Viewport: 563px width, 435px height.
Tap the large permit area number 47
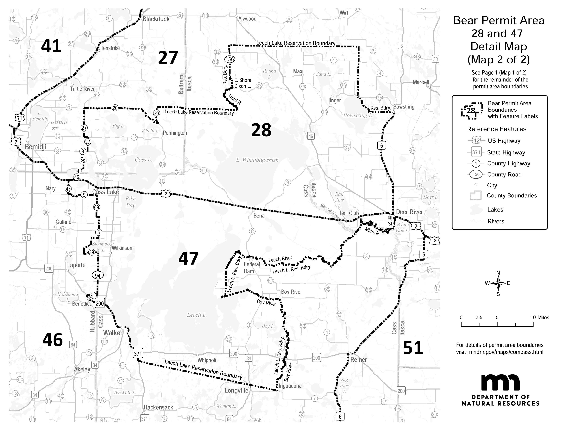click(x=189, y=258)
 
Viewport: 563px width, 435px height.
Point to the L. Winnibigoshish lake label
click(x=257, y=160)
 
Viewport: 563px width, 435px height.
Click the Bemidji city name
click(x=36, y=147)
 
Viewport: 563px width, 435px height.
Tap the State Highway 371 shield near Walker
click(x=138, y=354)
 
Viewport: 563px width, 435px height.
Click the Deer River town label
click(x=409, y=212)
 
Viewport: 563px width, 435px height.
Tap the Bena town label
click(x=259, y=216)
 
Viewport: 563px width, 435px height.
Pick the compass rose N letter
click(x=498, y=273)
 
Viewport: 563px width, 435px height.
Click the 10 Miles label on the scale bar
click(x=539, y=317)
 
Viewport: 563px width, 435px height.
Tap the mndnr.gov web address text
click(x=500, y=352)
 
